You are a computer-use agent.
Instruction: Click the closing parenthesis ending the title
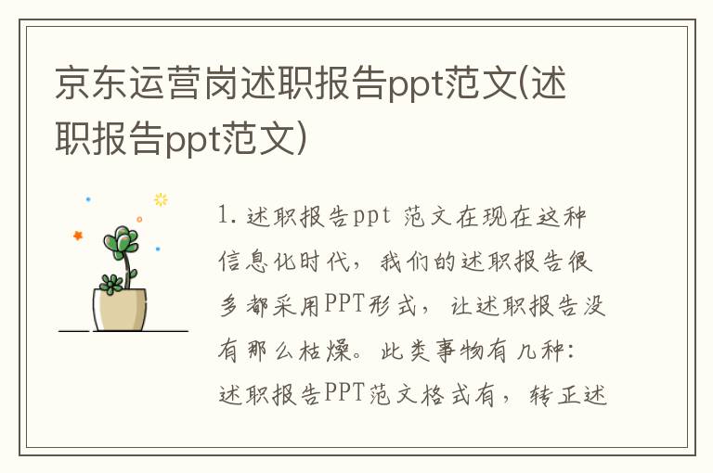point(303,140)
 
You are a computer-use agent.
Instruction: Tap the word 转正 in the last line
point(549,395)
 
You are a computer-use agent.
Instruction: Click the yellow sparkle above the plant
point(161,198)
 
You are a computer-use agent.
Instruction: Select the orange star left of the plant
point(78,235)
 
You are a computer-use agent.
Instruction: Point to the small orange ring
point(139,219)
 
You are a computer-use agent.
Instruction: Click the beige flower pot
point(121,310)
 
